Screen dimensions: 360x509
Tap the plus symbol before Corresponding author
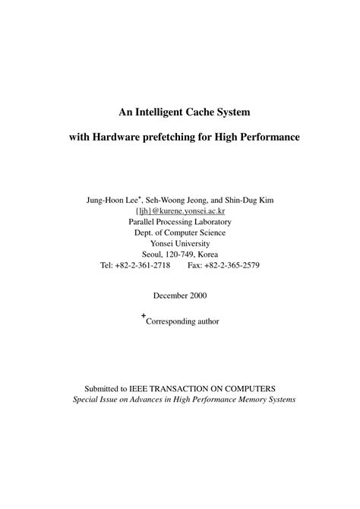[x=142, y=317]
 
